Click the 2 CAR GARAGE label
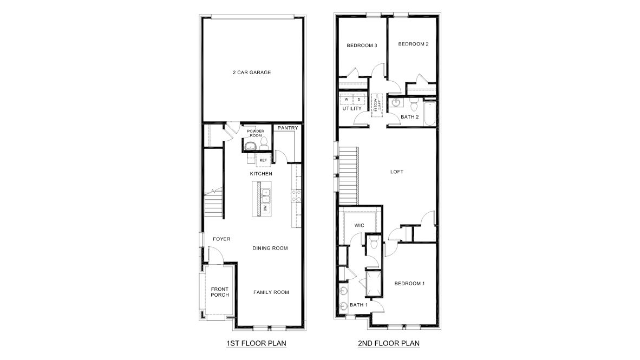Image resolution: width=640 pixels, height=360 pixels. point(252,72)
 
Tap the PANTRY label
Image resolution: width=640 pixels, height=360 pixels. point(288,128)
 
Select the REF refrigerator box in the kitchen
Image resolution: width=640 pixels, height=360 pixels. point(263,160)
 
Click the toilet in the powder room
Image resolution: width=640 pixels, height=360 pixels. point(264,144)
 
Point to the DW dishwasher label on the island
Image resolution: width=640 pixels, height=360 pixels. point(264,208)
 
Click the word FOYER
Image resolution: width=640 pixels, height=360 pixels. point(221,239)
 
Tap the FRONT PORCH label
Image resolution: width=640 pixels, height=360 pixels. point(220,292)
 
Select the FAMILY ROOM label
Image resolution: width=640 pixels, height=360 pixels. point(271,292)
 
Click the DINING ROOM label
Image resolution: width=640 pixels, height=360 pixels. point(270,248)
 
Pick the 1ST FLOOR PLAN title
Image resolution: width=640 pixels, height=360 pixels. point(256,343)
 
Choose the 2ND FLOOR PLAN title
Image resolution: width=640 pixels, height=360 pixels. point(389,343)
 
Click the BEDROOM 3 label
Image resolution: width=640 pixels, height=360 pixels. point(362,45)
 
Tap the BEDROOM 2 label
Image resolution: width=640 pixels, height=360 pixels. point(414,44)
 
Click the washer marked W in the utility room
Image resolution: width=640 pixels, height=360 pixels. point(347,99)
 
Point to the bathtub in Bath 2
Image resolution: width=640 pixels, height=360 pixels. point(430,113)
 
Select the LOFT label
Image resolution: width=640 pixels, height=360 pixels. point(397,172)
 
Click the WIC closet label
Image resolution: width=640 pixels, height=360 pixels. point(359,225)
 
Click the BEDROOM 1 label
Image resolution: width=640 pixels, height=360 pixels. point(409,283)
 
